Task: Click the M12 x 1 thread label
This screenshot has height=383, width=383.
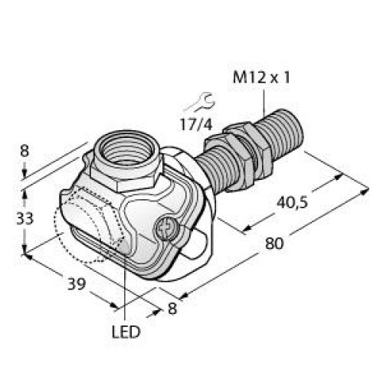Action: pos(264,77)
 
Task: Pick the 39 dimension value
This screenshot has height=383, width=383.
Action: pos(74,286)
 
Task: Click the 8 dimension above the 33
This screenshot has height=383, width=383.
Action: pos(25,152)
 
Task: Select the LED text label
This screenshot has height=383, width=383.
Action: pos(126,333)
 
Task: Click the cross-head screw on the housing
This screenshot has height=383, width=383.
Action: pos(165,228)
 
